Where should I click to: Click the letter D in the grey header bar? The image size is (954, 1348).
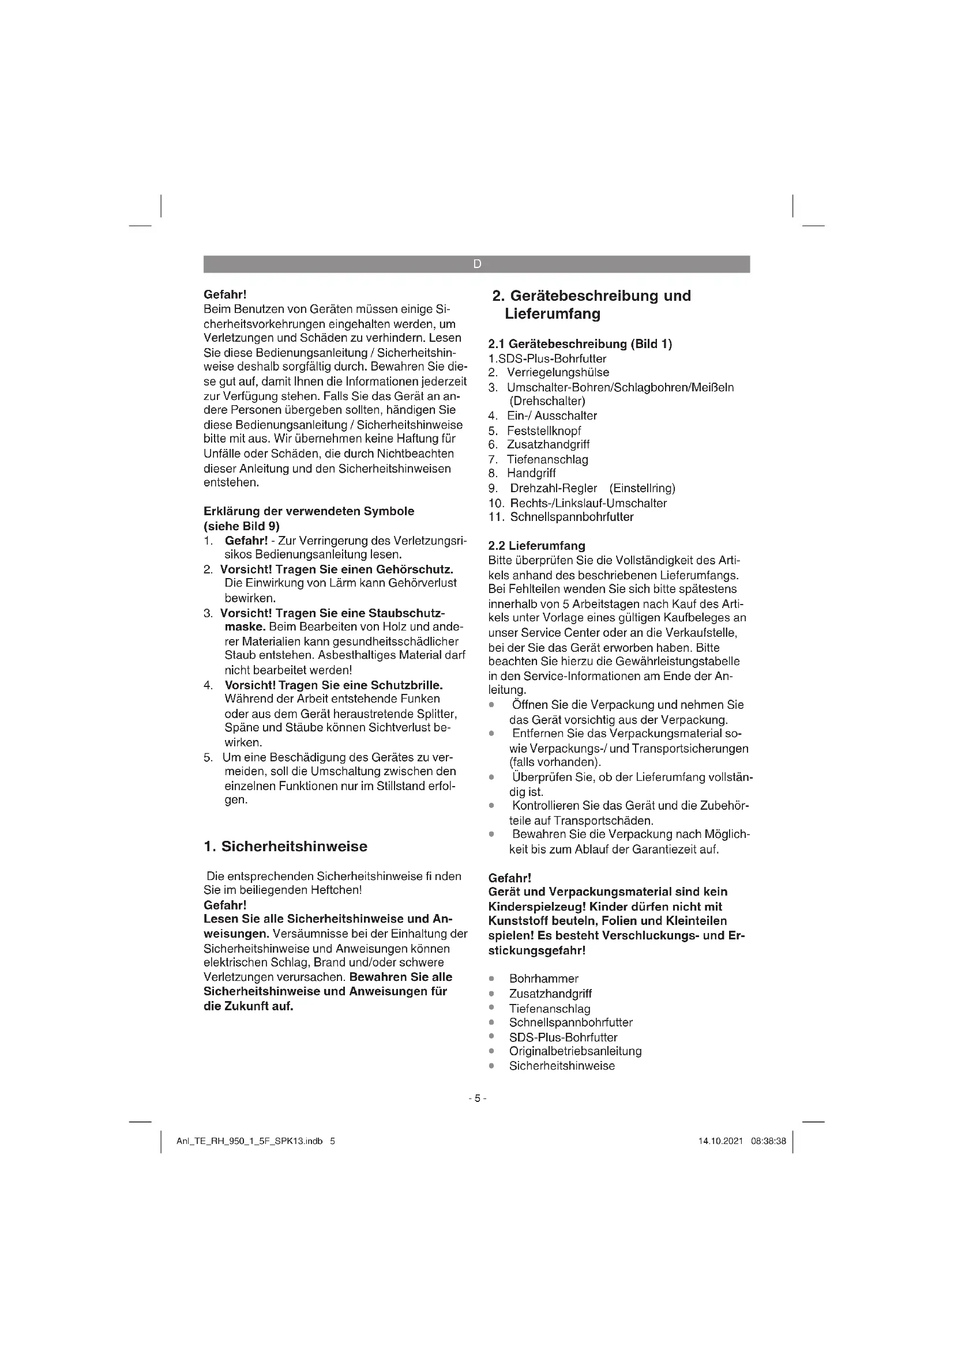click(476, 264)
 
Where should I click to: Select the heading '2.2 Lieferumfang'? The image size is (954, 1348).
click(536, 545)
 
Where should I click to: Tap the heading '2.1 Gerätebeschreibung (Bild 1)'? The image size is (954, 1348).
click(580, 343)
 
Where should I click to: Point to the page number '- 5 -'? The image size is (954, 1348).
click(477, 1098)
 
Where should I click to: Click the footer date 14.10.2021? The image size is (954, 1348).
click(720, 1141)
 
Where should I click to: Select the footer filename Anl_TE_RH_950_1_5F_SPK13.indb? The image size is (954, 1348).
click(250, 1141)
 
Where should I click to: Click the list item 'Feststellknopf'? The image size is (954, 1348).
click(543, 431)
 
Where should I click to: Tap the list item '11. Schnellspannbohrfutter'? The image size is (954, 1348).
click(561, 516)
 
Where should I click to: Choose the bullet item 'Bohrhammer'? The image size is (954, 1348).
click(543, 978)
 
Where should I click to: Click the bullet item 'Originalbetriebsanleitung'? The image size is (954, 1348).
click(575, 1051)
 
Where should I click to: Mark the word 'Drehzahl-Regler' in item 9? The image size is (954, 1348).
click(553, 488)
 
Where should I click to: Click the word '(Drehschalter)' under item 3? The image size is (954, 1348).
click(547, 401)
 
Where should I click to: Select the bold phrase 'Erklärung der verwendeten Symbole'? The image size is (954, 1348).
click(309, 511)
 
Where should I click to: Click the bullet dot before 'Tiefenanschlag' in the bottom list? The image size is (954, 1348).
click(491, 1007)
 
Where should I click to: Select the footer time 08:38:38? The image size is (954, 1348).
click(768, 1141)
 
